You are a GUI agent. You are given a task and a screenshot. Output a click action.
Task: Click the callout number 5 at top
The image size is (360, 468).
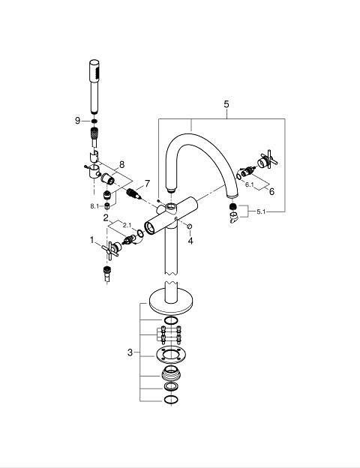coord(226,104)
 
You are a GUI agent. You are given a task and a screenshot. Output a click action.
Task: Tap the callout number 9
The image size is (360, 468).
coord(77,121)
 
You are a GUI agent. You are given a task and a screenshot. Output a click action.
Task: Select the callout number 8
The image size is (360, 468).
coord(121,164)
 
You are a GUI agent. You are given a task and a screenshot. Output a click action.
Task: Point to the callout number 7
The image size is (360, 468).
coord(147,183)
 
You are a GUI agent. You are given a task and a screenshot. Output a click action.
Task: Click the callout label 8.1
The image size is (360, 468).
coord(94,206)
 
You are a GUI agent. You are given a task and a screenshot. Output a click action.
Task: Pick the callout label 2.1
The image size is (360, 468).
coord(127,226)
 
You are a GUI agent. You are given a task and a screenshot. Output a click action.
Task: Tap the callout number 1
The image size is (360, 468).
coord(92,240)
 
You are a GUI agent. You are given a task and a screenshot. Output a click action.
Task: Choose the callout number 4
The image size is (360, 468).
coord(190,240)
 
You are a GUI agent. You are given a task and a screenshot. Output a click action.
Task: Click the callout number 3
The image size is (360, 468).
coord(130,352)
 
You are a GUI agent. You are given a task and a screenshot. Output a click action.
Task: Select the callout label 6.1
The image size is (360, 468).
coord(250,184)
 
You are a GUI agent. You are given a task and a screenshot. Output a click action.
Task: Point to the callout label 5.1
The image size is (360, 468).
coord(261,211)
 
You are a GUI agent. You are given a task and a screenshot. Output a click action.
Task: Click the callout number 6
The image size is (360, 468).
coord(271,191)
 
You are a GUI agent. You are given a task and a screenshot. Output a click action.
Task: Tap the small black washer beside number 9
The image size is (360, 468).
coord(94,121)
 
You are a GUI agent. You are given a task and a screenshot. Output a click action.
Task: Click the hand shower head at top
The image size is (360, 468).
coord(94,86)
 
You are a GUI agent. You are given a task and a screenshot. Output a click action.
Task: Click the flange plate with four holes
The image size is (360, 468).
coord(171,355)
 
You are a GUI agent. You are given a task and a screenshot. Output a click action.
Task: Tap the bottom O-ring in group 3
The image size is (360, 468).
coord(171,400)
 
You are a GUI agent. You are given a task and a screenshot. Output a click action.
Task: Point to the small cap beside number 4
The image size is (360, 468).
coord(189,226)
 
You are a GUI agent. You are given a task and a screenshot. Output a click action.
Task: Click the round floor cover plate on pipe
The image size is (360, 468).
coord(171,301)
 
